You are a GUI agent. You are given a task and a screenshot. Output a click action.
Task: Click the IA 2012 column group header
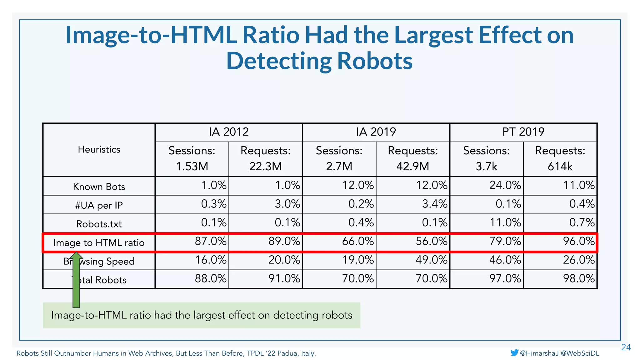229,132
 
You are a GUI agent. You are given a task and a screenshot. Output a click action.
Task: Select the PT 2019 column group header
523,132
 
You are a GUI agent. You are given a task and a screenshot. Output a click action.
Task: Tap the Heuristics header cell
99,149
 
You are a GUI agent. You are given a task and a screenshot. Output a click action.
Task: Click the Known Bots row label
99,187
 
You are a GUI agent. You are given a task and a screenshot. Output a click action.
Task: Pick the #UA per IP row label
99,205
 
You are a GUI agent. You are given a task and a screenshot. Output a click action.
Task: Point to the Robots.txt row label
99,224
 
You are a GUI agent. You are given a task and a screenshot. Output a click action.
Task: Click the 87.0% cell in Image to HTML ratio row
210,241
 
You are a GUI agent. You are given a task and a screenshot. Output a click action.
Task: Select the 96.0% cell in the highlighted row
578,241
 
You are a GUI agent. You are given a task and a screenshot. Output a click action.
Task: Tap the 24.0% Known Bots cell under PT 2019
505,185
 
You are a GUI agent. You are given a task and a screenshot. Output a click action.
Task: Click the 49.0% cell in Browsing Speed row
431,260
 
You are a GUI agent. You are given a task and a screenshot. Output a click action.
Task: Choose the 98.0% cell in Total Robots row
578,278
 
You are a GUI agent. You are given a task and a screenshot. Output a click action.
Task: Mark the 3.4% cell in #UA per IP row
434,204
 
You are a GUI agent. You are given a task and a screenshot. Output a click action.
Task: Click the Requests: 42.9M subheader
412,158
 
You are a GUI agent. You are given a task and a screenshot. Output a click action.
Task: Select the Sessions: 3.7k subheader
486,158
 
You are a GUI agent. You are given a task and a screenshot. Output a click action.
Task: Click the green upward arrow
76,280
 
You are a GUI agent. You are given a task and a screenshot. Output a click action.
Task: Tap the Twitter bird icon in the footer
514,353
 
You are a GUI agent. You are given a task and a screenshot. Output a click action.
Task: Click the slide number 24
626,347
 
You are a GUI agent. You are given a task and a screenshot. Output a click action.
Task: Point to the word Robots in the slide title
375,61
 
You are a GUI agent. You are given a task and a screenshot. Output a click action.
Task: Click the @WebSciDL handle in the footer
580,353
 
